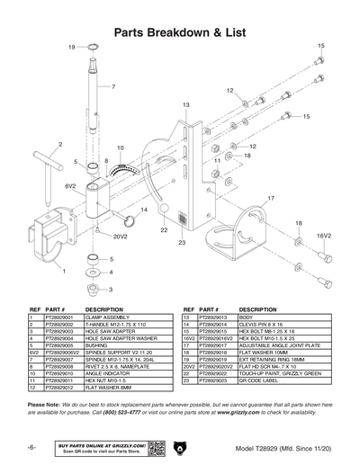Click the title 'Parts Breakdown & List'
click(180, 32)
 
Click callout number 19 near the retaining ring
click(72, 47)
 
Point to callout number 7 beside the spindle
click(113, 86)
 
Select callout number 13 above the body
click(185, 105)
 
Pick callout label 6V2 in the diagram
click(69, 185)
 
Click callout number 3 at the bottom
click(111, 290)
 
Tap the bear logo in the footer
click(180, 449)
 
